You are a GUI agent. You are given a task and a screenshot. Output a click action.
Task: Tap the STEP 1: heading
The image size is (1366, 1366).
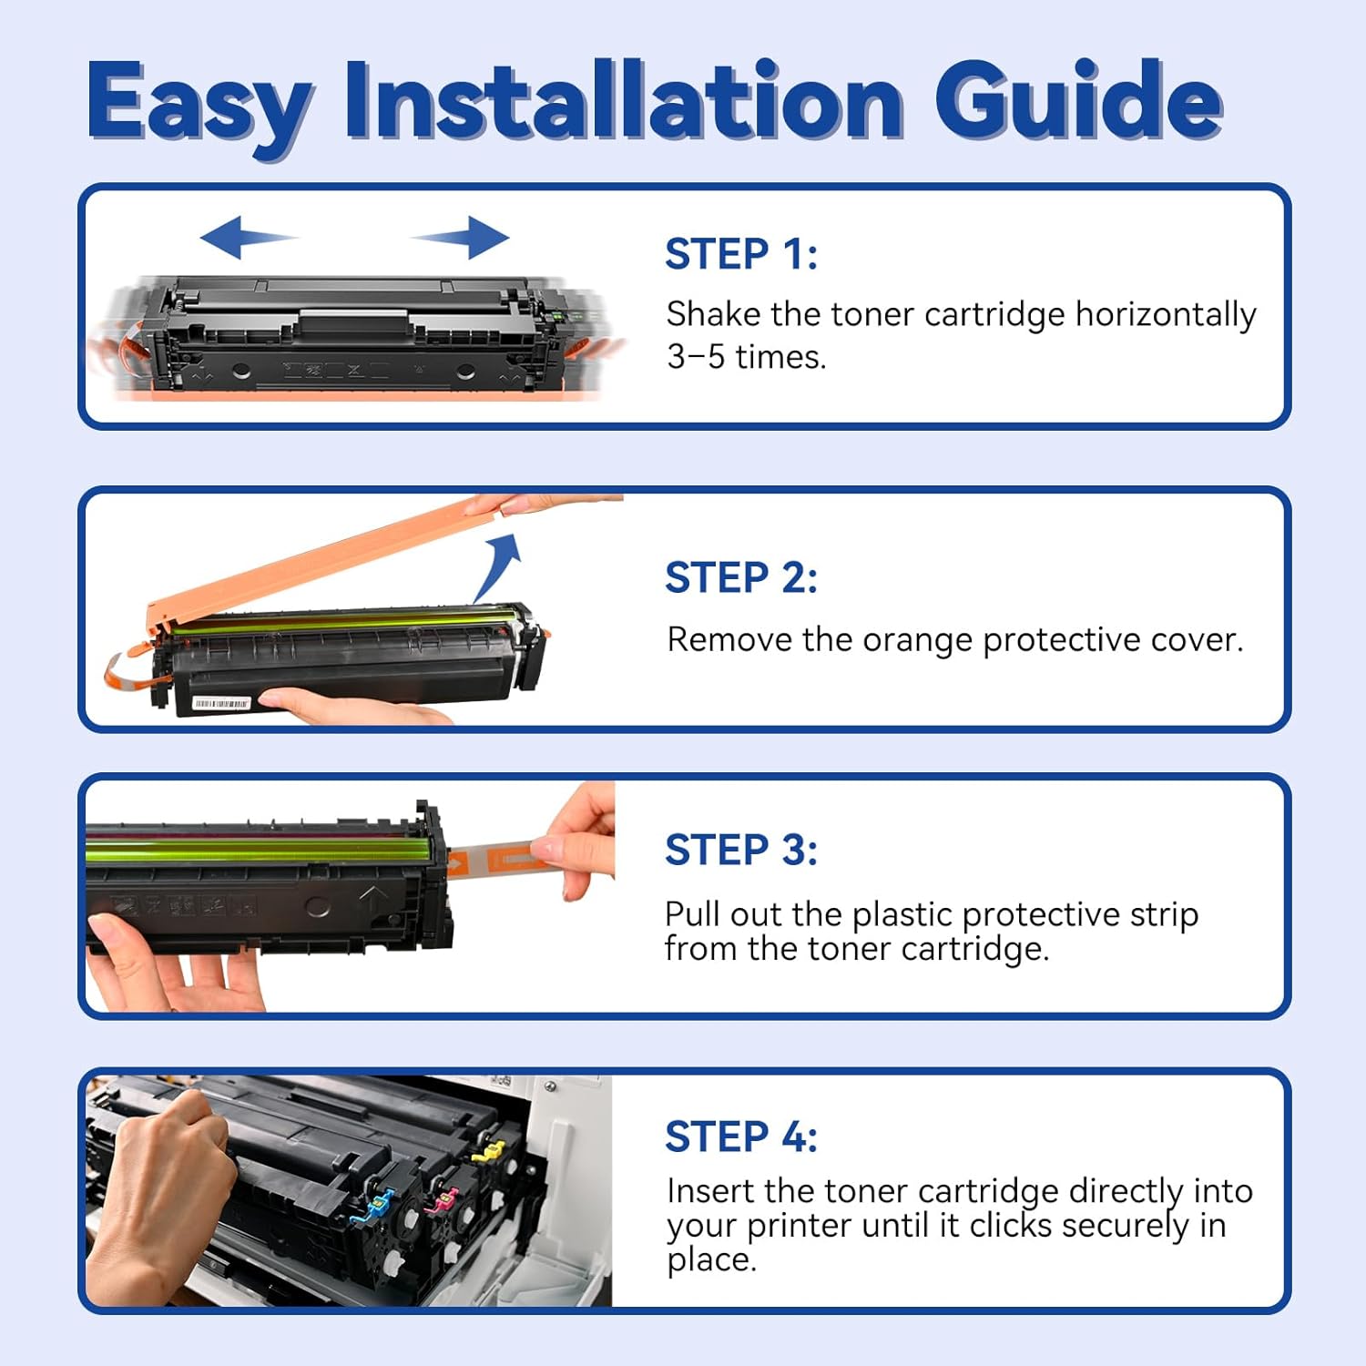(740, 254)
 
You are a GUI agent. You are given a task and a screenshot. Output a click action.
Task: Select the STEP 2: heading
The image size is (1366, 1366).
(740, 578)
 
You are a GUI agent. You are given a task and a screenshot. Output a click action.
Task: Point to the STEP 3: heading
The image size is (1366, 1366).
(740, 851)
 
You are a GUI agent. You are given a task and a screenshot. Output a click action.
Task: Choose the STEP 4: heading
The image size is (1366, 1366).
(740, 1137)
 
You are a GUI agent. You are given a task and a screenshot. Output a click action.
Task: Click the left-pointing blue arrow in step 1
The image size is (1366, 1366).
(244, 238)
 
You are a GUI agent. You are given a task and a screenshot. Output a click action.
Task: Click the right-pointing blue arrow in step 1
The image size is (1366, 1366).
(464, 238)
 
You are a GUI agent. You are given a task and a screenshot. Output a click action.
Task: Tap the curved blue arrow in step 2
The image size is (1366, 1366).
(499, 565)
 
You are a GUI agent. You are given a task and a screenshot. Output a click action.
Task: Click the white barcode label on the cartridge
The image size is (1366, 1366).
(221, 704)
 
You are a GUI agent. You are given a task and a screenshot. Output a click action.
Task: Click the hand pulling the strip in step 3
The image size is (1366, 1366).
(578, 838)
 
